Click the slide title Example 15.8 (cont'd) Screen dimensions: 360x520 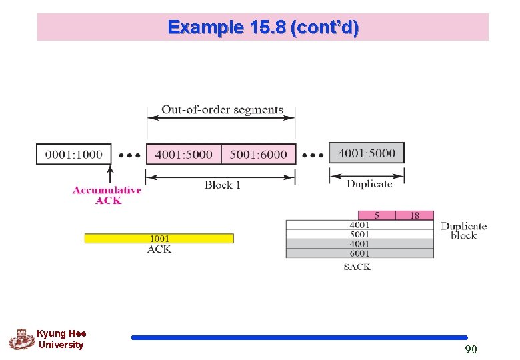coord(263,27)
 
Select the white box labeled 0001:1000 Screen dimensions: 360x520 coord(74,154)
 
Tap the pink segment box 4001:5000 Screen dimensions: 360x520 coord(183,154)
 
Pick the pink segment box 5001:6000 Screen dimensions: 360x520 coord(258,154)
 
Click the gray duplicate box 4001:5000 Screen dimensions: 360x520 coord(367,153)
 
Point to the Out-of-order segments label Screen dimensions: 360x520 coord(222,109)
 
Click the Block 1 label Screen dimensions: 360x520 coord(222,185)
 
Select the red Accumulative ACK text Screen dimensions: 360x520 coord(107,195)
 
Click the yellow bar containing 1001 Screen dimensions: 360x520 coord(159,238)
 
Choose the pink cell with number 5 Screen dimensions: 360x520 coord(377,215)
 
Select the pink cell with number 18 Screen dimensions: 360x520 coord(414,215)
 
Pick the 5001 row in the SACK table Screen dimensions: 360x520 coord(359,235)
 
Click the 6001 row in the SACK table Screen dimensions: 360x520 coord(359,253)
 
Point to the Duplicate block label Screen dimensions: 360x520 coord(463,231)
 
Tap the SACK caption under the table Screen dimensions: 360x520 coord(357,267)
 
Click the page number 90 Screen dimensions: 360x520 coord(471,349)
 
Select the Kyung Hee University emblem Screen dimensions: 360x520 coord(21,339)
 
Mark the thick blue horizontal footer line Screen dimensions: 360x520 coord(299,338)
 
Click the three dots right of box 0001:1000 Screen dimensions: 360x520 coord(129,155)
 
